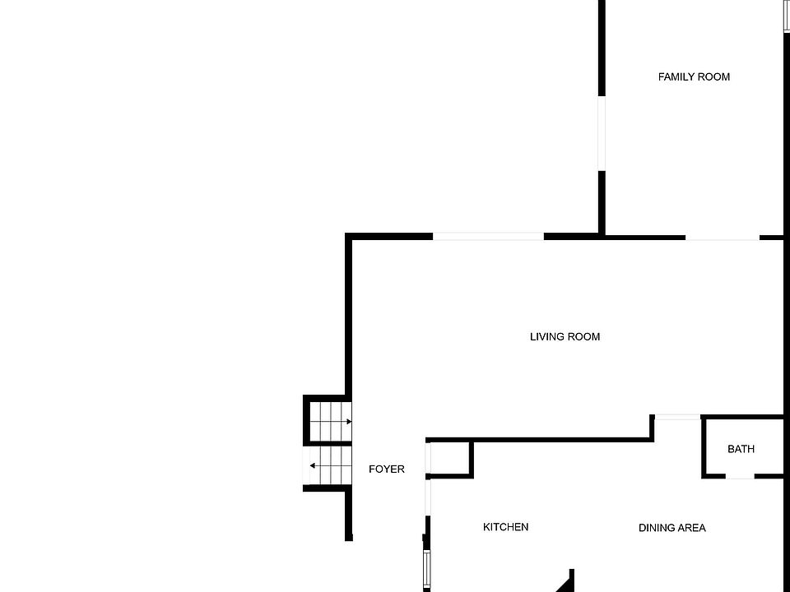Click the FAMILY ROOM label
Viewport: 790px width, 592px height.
694,76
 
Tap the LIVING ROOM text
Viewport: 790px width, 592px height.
565,336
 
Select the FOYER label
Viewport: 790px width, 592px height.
386,469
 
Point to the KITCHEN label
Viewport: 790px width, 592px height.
505,527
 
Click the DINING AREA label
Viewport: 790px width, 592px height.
671,528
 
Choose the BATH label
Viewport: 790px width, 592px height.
741,449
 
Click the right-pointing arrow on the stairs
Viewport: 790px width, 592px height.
348,422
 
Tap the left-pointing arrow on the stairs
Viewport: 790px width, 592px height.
313,466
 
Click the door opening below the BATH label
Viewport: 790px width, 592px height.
740,476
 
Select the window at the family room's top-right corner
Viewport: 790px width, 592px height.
786,16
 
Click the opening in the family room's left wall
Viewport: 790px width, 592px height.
602,132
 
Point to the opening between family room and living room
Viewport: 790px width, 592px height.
722,238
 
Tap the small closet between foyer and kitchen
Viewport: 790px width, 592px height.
450,459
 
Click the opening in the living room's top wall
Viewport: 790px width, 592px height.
488,237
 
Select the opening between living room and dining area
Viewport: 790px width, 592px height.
676,418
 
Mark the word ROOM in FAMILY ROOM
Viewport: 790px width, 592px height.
713,76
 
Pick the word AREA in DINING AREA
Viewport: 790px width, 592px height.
691,528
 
